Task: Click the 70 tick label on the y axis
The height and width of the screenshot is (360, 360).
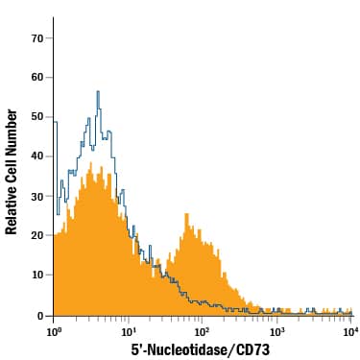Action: point(36,37)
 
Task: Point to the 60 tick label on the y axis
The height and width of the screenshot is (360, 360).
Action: point(36,77)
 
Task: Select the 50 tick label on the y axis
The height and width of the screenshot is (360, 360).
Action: point(36,116)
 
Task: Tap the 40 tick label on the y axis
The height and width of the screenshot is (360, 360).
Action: point(36,156)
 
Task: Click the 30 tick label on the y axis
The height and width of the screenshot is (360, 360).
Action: point(36,196)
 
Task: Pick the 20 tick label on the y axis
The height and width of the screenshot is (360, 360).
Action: point(36,235)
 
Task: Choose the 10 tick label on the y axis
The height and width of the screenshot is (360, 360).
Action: point(36,275)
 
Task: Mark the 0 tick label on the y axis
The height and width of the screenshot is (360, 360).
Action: point(39,315)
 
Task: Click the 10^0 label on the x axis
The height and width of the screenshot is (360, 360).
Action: point(54,331)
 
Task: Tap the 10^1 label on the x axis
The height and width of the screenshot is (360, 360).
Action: point(128,331)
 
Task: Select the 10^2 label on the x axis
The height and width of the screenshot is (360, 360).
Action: point(203,331)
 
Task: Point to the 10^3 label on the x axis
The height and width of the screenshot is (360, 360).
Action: point(276,331)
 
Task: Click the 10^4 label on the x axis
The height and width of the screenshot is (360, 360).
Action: point(350,331)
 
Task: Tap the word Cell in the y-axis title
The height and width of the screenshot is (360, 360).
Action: point(12,162)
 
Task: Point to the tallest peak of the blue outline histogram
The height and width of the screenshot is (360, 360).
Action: point(98,91)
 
